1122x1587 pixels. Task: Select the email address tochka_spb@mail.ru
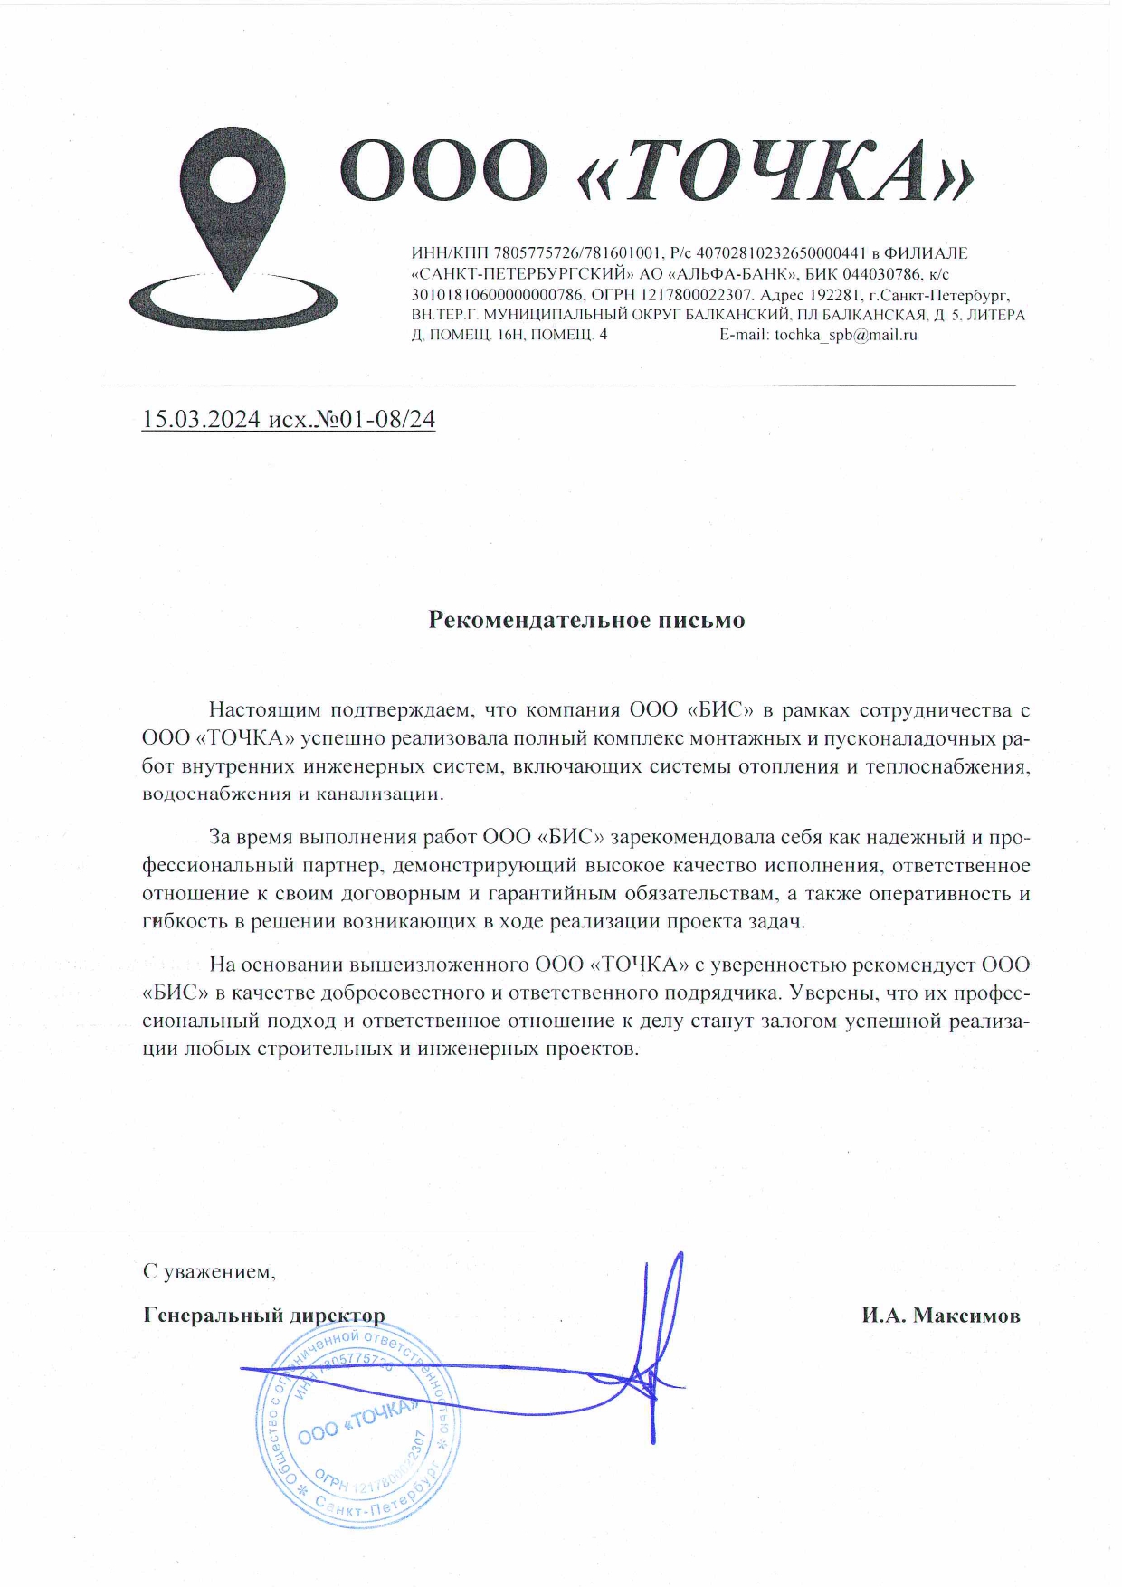point(845,335)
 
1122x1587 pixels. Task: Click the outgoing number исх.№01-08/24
point(352,420)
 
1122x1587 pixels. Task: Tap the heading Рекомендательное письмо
point(586,620)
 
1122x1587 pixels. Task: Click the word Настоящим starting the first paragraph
point(261,710)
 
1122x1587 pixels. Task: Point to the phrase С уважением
point(208,1271)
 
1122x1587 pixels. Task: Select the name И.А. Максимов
point(940,1316)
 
